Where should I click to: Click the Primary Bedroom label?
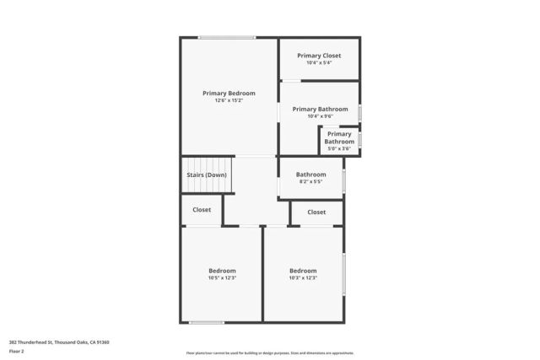pos(229,93)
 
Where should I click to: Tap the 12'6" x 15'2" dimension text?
pos(229,100)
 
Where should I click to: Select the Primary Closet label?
pos(319,56)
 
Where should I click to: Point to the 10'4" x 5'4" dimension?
pos(319,62)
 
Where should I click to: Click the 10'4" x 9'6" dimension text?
pos(319,116)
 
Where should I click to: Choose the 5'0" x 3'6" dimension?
pos(339,148)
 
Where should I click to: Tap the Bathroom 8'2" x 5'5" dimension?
pos(310,182)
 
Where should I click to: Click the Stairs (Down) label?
pos(207,175)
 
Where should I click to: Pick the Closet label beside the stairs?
pos(202,209)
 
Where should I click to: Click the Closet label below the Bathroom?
pos(316,212)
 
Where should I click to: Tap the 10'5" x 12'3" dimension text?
pos(222,278)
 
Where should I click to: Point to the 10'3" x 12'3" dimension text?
pos(303,278)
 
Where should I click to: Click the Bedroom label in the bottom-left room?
pos(222,271)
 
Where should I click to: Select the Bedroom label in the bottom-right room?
pos(303,271)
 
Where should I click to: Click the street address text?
pos(59,342)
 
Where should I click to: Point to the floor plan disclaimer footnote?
pos(270,352)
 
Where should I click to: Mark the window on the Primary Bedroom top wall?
pos(227,37)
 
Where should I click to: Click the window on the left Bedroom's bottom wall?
pos(207,322)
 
